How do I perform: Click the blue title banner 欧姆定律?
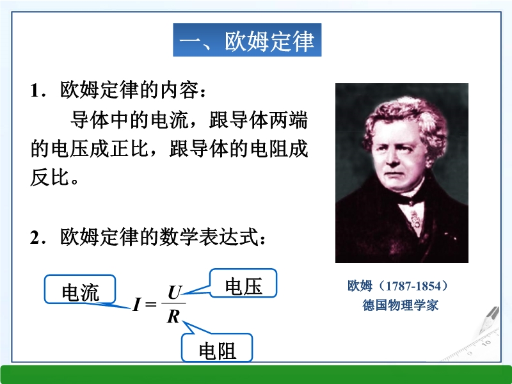tap(247, 40)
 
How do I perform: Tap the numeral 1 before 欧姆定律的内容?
tap(35, 90)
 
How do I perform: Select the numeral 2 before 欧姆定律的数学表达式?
tap(35, 237)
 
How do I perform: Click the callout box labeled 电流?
tap(80, 289)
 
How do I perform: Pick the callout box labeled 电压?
tap(243, 283)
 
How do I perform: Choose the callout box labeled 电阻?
tap(217, 348)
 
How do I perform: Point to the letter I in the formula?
tap(136, 305)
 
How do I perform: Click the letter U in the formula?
tap(175, 292)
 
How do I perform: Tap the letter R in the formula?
tap(173, 316)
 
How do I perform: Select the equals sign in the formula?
tap(150, 305)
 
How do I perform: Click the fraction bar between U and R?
tap(173, 303)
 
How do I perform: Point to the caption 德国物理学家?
tap(401, 305)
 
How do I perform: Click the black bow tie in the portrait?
tap(412, 200)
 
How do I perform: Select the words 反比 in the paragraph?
tap(50, 178)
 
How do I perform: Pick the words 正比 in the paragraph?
tap(129, 149)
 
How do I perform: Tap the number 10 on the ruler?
tap(486, 343)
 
